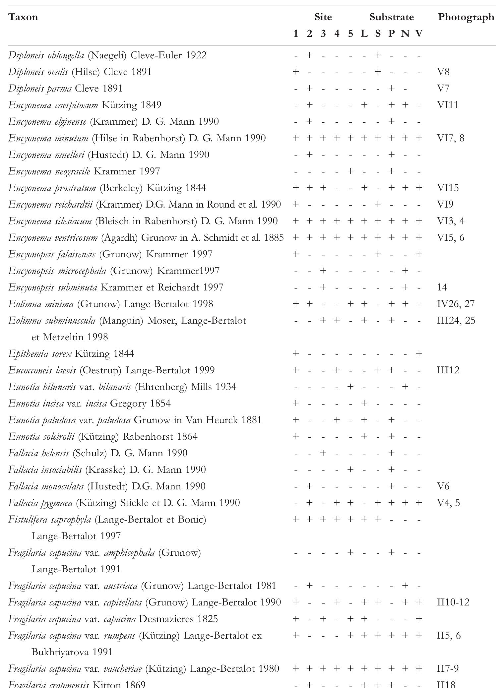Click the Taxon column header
[23, 17]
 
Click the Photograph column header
[465, 17]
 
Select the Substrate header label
[392, 17]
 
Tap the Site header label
[323, 17]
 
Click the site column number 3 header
[323, 33]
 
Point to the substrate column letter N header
[405, 33]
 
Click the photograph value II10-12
[453, 602]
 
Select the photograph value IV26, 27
[456, 304]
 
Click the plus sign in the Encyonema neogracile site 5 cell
[350, 171]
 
